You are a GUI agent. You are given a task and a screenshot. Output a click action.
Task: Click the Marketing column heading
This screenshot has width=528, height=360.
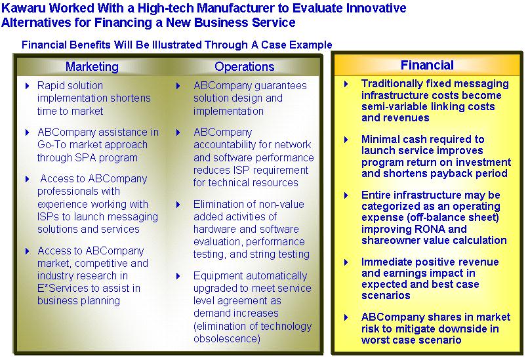pos(92,67)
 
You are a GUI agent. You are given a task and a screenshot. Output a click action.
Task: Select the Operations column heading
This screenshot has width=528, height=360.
pos(245,67)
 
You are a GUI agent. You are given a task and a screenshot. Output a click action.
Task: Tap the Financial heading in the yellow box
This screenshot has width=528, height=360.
pos(427,65)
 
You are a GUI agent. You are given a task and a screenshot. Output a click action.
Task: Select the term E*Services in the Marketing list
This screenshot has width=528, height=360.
pos(62,289)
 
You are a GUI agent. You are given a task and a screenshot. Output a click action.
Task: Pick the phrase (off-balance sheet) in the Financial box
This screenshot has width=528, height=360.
pos(453,218)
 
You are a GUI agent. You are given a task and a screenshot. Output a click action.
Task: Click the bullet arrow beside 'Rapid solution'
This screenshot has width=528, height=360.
pos(28,86)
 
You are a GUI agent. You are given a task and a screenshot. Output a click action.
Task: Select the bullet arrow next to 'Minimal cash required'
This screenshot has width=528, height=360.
pos(346,140)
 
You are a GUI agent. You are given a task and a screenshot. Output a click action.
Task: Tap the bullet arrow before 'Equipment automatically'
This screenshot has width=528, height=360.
pos(178,277)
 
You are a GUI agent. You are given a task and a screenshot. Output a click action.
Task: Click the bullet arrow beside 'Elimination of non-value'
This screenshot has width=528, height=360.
pos(178,205)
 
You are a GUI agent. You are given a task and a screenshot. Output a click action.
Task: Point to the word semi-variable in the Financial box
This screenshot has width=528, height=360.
pos(394,106)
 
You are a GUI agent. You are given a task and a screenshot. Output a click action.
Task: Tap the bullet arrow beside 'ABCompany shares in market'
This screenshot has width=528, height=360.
pos(346,317)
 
